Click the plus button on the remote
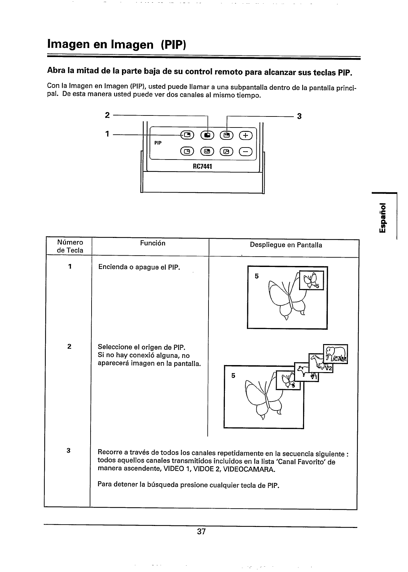(246, 135)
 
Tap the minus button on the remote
(246, 152)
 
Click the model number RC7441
(203, 166)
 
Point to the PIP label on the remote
(158, 143)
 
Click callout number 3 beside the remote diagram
(299, 116)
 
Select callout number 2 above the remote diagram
(107, 115)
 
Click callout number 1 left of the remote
(107, 134)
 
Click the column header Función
(152, 243)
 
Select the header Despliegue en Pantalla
(286, 245)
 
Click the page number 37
(201, 532)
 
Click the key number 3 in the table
(68, 451)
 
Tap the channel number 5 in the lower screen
(233, 376)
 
